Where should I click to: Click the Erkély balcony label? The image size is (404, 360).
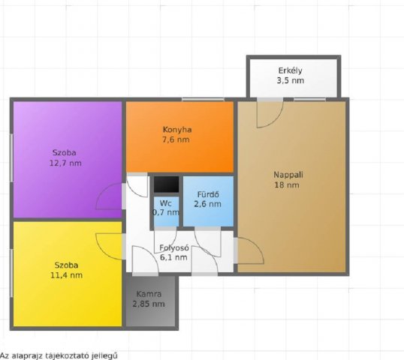coord(290,70)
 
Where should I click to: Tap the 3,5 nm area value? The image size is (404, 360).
coord(291,80)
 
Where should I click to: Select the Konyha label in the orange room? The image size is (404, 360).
coord(177,130)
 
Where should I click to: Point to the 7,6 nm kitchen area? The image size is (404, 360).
coord(176,139)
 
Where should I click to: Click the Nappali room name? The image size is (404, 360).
coord(288,175)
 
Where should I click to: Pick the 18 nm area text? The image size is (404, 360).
coord(287,185)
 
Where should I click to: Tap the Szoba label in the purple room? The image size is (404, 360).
coord(64,152)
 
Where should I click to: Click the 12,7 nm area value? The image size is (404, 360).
coord(65,163)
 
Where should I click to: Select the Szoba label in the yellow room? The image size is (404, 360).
coord(66,265)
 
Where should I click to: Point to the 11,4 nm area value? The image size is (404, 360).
coord(67,275)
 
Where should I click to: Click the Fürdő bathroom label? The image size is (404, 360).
coord(208,194)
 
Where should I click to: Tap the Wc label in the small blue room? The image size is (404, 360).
coord(166,203)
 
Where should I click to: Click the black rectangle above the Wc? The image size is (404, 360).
coord(167,184)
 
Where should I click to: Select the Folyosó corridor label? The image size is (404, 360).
coord(174,247)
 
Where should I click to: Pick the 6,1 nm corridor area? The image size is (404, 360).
coord(173,257)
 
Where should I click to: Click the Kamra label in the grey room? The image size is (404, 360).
coord(149,294)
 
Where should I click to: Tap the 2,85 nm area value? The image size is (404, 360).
coord(149,304)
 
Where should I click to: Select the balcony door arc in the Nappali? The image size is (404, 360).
coord(276,121)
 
